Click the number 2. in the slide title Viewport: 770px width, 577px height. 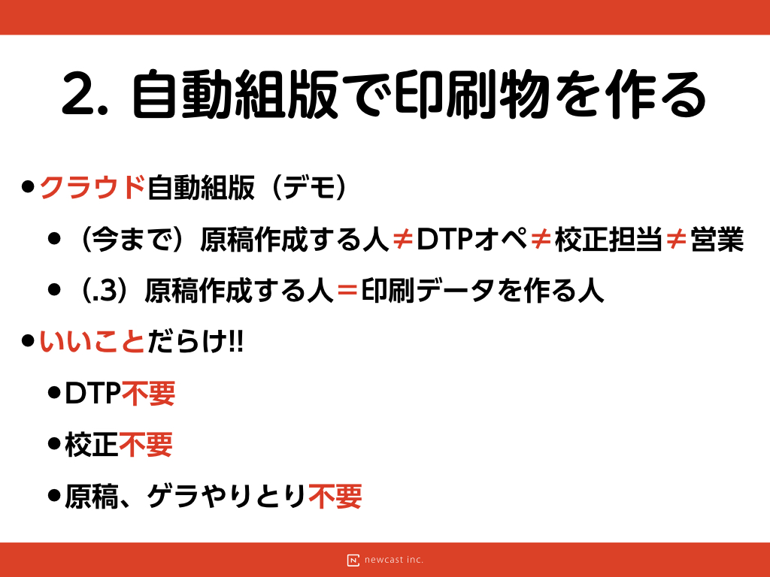click(x=84, y=95)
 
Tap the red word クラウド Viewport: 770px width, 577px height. click(x=92, y=187)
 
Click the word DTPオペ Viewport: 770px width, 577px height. click(x=471, y=239)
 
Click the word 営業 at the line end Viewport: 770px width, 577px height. click(x=717, y=239)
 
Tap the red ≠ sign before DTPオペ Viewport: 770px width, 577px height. click(x=403, y=240)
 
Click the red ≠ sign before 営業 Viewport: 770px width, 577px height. click(x=676, y=240)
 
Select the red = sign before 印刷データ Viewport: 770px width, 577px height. click(x=347, y=291)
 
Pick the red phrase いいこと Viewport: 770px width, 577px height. click(x=92, y=342)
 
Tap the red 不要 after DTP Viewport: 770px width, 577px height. click(x=148, y=393)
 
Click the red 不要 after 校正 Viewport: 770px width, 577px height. click(x=145, y=445)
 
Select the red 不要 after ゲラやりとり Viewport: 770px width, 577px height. click(x=335, y=496)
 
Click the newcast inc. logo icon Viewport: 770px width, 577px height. click(x=353, y=560)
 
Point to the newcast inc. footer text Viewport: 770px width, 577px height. click(x=394, y=560)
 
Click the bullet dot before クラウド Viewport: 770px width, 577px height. click(x=28, y=187)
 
